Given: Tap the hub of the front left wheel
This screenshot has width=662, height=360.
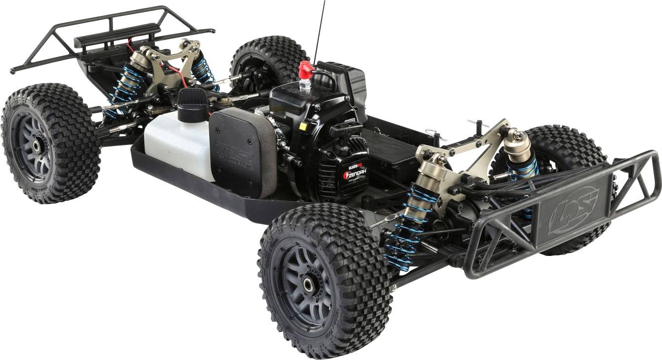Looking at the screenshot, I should [308, 285].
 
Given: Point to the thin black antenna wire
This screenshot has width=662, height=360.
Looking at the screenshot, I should [319, 30].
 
